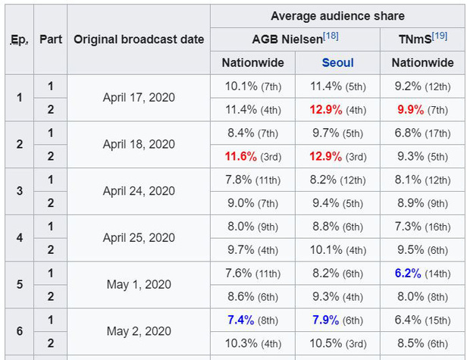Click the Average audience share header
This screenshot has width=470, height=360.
click(337, 15)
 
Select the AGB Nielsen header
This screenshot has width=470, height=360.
click(287, 39)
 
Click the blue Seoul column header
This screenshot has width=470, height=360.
click(337, 63)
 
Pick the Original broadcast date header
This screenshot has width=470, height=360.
click(139, 39)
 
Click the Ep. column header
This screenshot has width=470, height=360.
click(19, 39)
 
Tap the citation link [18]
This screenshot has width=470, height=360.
click(331, 36)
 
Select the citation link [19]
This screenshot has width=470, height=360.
click(440, 36)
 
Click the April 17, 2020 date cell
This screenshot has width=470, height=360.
click(139, 98)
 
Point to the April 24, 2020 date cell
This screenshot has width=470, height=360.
click(139, 192)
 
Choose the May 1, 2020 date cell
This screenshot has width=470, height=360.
click(139, 285)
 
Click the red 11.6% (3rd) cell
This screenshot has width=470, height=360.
click(252, 157)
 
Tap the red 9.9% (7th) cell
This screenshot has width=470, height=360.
click(422, 110)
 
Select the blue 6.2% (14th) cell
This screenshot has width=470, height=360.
click(422, 274)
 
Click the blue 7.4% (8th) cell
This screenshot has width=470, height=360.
click(252, 321)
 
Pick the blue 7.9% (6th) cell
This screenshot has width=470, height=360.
click(337, 321)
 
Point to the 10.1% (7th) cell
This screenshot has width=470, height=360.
click(252, 86)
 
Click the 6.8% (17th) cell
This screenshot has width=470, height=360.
click(422, 133)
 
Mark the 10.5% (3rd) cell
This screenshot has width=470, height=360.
click(337, 344)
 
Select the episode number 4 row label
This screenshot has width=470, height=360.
click(19, 238)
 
